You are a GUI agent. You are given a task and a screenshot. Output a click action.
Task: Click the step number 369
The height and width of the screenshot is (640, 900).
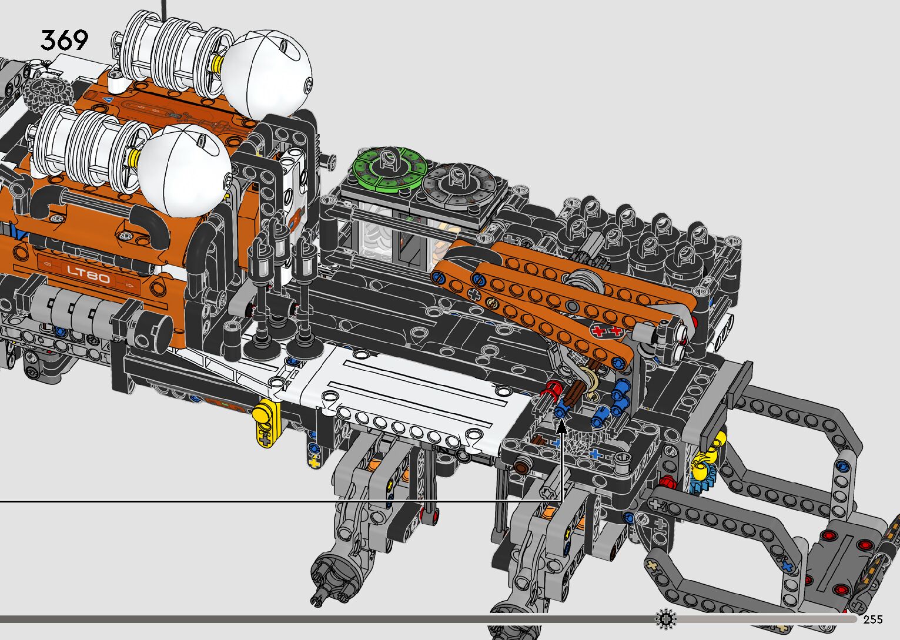(x=64, y=40)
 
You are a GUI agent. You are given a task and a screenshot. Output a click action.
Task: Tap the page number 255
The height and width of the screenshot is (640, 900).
(x=873, y=619)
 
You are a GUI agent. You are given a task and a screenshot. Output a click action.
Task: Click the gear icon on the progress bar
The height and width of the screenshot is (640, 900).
(x=666, y=619)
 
